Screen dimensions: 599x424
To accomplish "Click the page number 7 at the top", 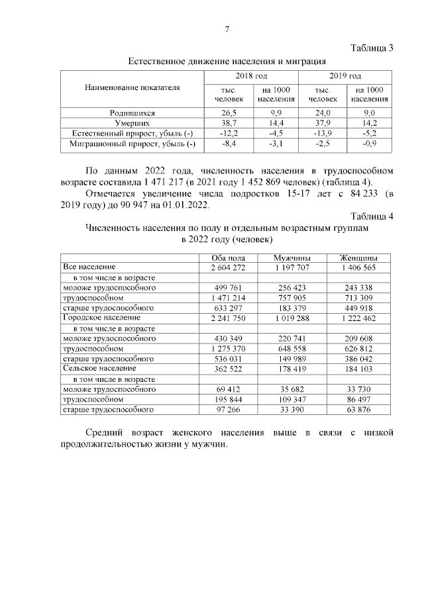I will point(227,29).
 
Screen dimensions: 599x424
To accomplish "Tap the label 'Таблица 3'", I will point(371,48).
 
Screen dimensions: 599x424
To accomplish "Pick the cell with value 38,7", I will point(229,123).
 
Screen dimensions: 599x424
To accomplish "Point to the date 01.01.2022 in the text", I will point(186,205).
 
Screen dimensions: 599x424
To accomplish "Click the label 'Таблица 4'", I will point(371,216).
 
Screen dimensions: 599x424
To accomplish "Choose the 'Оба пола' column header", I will point(227,257).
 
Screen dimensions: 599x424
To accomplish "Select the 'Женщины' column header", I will point(358,257).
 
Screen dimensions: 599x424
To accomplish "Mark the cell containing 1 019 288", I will point(293,318).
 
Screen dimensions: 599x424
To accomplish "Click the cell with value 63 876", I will point(358,410).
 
